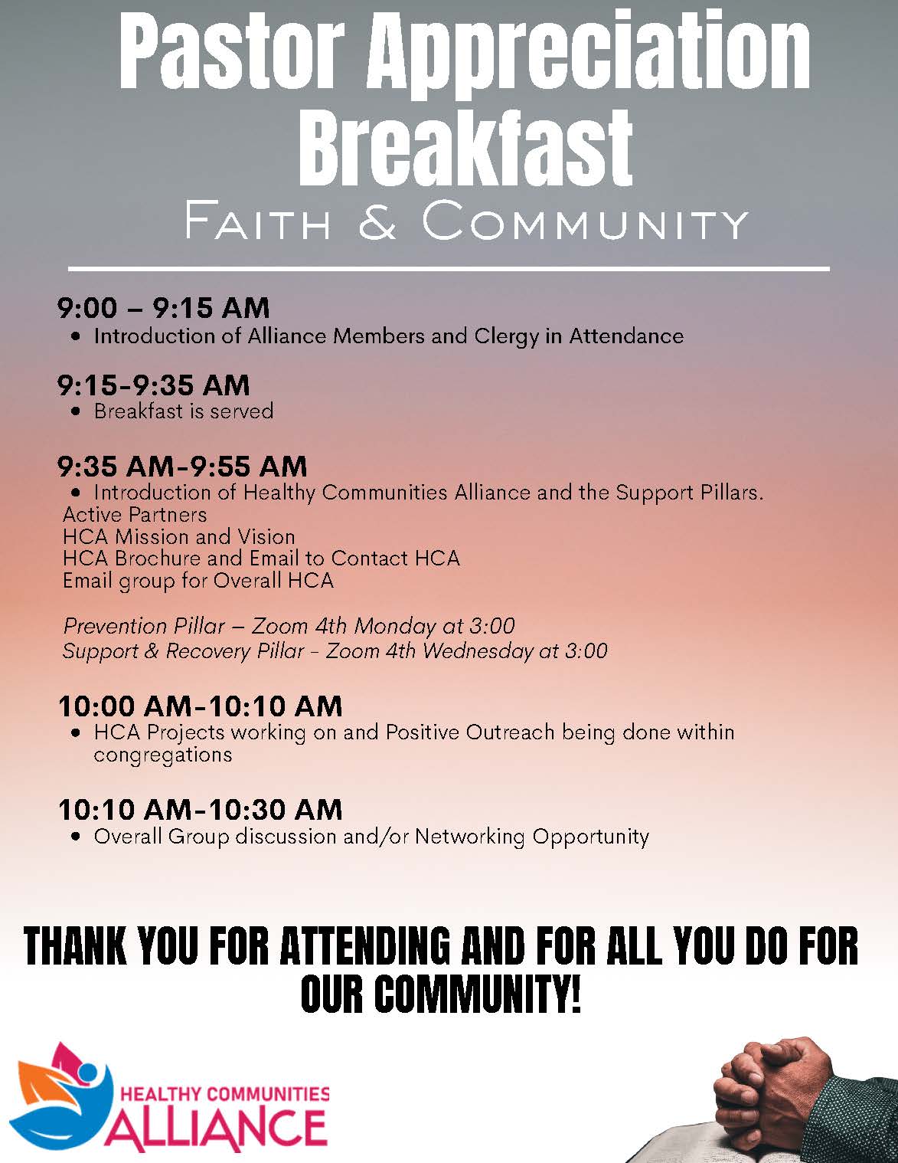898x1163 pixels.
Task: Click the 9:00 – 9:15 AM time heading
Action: point(163,308)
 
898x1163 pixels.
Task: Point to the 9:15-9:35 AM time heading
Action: point(154,385)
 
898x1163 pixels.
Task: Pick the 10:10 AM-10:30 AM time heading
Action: point(200,809)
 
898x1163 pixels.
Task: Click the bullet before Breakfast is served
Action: point(77,412)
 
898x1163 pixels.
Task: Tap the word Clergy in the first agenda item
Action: point(506,336)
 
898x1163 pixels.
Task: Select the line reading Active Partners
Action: point(135,514)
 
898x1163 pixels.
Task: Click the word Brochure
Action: point(158,559)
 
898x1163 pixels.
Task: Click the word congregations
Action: point(162,755)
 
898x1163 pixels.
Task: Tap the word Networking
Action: point(469,837)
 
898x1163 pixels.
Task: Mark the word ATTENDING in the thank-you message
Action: point(364,946)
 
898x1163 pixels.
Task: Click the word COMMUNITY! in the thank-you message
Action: point(440,994)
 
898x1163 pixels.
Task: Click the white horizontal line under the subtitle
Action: point(449,269)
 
